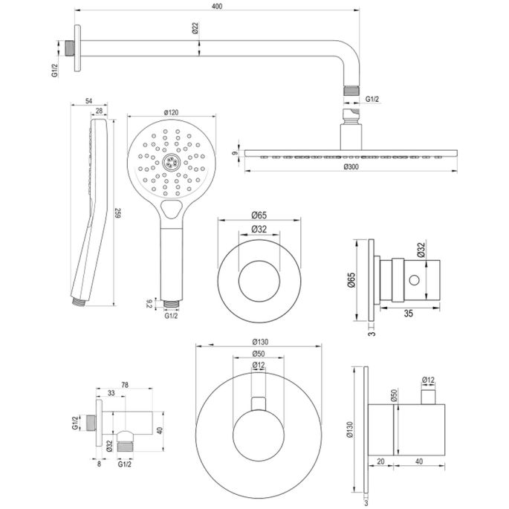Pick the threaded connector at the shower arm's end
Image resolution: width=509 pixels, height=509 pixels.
tap(351, 91)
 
